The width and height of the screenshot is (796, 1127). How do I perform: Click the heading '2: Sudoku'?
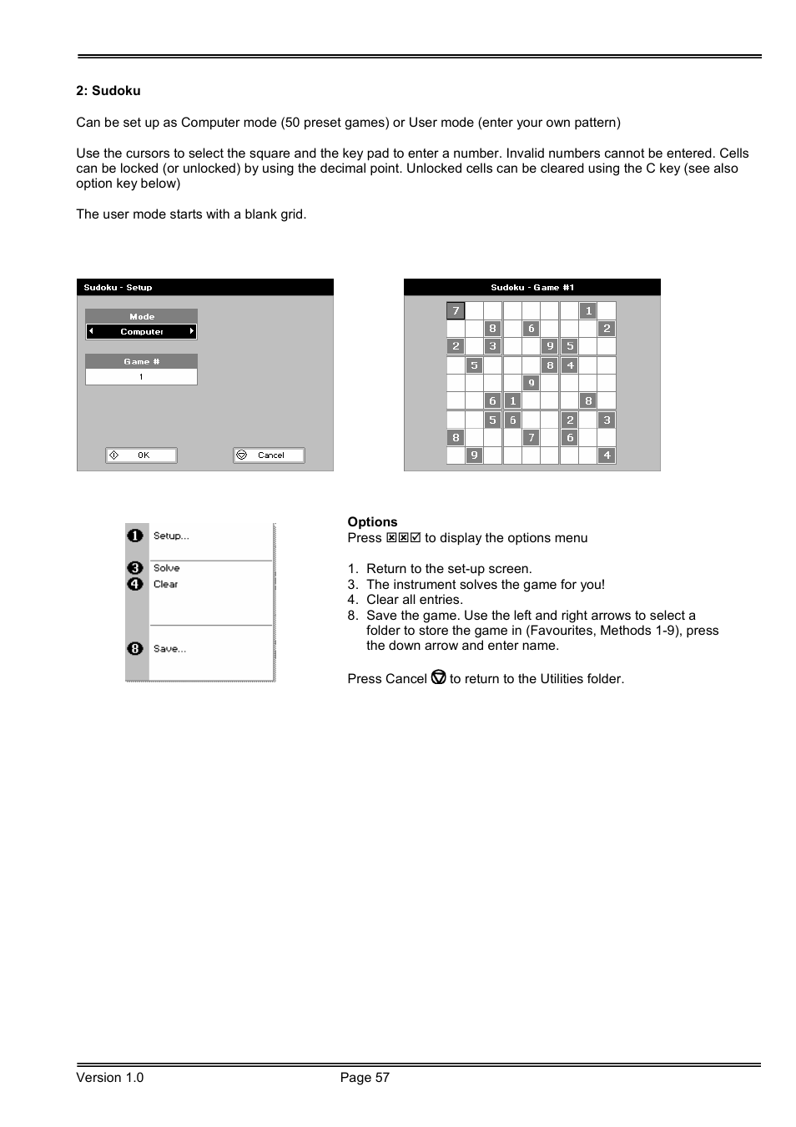[108, 91]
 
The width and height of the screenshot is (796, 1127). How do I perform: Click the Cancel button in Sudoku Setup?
[269, 455]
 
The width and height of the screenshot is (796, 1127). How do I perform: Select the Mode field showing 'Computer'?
[141, 332]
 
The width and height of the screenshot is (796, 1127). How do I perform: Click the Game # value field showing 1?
[141, 377]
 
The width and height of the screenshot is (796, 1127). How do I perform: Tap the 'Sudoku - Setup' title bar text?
[118, 288]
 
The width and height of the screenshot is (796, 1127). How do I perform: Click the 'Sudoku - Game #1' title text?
[532, 288]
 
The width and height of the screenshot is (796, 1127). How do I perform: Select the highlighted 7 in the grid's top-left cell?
[456, 311]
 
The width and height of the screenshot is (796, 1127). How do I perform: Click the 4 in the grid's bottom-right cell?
[607, 455]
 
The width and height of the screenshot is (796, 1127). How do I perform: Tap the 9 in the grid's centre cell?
[531, 383]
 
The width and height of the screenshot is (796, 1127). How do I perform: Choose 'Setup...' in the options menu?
[171, 536]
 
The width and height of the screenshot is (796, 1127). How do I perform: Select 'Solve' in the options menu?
[167, 568]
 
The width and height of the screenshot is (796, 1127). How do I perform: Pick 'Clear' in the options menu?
[166, 585]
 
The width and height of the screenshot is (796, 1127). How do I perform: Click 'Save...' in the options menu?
[169, 649]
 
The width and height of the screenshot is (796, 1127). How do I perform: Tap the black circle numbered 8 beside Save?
[135, 649]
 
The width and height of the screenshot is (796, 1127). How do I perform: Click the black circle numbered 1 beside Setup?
[135, 536]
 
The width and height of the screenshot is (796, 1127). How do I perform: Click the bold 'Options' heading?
[372, 522]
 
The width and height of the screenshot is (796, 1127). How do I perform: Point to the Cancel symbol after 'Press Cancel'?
[439, 678]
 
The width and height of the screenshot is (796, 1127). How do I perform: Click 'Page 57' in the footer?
[365, 1078]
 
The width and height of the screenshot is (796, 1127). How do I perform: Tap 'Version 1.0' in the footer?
[109, 1078]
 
